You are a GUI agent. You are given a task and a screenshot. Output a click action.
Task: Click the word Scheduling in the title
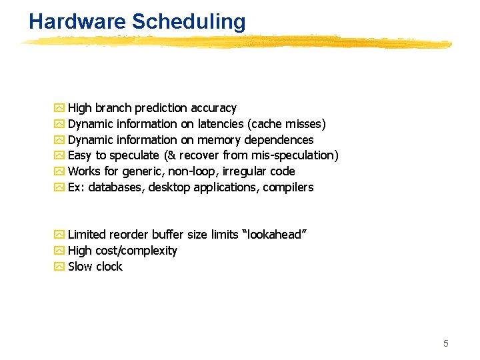pos(189,22)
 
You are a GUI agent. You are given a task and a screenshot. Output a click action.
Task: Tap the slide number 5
pos(446,343)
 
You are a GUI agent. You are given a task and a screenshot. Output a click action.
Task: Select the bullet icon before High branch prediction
pos(59,108)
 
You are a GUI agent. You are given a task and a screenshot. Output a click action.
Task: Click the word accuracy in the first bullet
pos(213,108)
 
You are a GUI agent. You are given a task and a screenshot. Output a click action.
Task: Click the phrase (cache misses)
pos(287,124)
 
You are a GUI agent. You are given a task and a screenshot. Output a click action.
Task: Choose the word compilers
pos(288,187)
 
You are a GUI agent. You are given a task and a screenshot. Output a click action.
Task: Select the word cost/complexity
pos(136,251)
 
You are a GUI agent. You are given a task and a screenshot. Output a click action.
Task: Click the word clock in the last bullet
pos(109,267)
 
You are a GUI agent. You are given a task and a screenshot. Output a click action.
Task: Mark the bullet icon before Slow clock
pos(59,267)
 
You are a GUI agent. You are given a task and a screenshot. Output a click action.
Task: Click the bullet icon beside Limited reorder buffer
pos(59,235)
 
